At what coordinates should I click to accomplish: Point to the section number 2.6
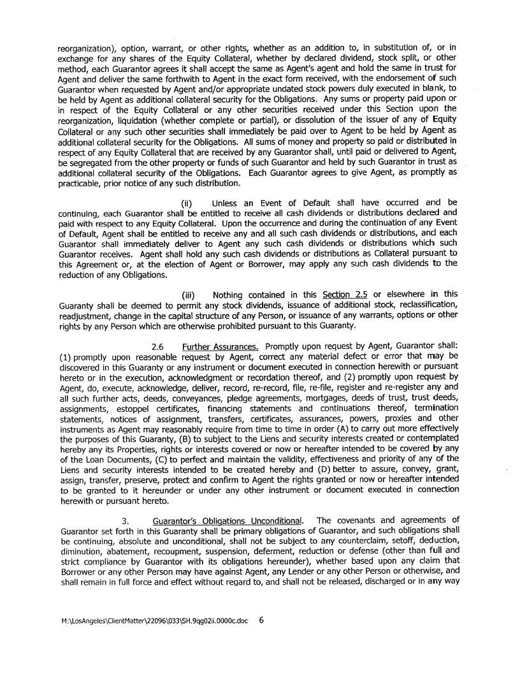(x=158, y=346)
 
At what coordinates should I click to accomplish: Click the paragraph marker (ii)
(x=188, y=203)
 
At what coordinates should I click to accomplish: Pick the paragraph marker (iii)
(x=189, y=295)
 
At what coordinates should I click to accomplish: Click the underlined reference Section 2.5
(x=345, y=295)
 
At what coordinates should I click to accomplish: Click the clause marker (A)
(x=327, y=429)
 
